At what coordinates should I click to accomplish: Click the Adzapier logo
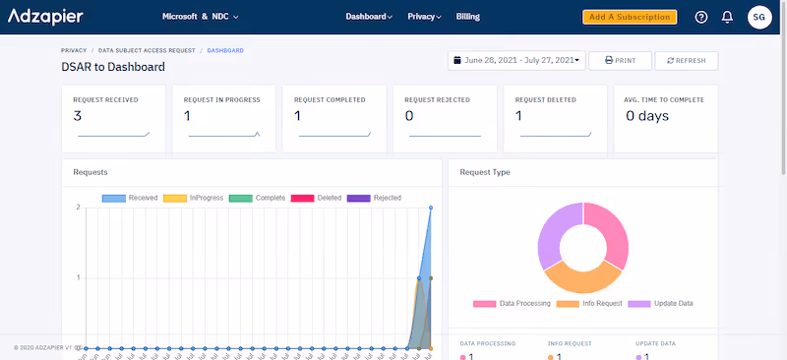(45, 17)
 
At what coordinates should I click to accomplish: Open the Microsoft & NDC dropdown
(200, 17)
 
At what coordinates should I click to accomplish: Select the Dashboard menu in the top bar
(369, 17)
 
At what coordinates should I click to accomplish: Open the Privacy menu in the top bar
(424, 17)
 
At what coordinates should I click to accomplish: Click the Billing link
(468, 17)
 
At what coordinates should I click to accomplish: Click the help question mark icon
(700, 17)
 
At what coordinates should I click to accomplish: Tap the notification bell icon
(727, 17)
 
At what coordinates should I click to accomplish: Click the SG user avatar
(759, 17)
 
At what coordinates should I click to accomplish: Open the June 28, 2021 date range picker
(516, 60)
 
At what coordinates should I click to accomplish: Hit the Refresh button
(686, 60)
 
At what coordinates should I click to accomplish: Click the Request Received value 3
(78, 116)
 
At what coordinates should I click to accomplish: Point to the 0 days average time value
(647, 116)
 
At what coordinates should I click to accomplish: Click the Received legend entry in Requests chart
(130, 198)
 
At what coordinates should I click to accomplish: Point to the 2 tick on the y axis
(78, 208)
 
